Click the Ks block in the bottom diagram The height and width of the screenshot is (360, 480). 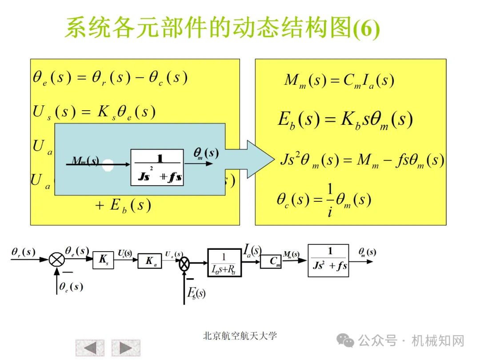tap(103, 260)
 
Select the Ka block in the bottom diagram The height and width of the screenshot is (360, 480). tap(150, 261)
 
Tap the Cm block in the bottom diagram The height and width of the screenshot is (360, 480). tap(271, 261)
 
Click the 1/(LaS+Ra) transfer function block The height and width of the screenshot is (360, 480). tap(224, 263)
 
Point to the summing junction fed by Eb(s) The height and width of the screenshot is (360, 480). tap(184, 265)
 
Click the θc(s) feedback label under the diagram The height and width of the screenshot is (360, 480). tap(71, 287)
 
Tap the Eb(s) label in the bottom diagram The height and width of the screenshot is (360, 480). tap(196, 293)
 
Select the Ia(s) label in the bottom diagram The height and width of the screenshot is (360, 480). tap(252, 251)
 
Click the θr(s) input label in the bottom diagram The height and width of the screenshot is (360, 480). tap(24, 252)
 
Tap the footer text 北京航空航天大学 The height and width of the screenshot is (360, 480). tap(240, 336)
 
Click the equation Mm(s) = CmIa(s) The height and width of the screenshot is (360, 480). tap(339, 80)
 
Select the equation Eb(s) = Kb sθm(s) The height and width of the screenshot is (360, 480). tap(345, 120)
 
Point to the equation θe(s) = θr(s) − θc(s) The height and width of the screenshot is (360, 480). tap(110, 78)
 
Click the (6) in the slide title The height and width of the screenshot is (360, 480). tap(366, 30)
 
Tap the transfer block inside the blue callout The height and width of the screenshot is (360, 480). tap(157, 167)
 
